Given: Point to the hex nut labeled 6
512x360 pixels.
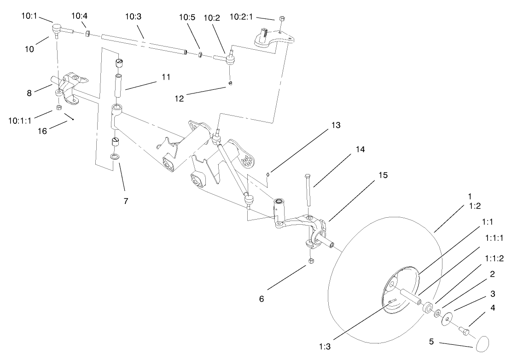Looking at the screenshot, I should tap(309, 261).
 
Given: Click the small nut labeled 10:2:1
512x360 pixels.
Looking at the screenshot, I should tap(282, 19).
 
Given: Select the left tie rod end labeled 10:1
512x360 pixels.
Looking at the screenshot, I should tap(57, 30).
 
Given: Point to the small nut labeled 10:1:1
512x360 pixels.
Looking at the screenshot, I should tap(59, 107).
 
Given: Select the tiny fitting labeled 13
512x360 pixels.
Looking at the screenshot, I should tap(268, 174).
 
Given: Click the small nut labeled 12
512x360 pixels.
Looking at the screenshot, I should tap(230, 83).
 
